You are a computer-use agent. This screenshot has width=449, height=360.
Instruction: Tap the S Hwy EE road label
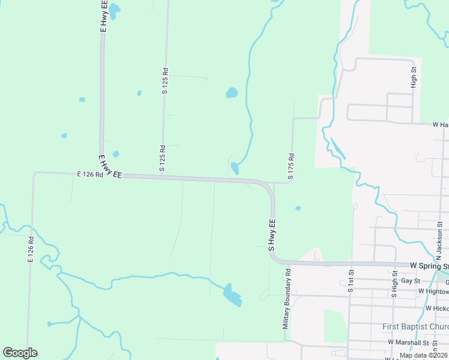[271, 235]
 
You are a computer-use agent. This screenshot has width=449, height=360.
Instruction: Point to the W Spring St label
[429, 265]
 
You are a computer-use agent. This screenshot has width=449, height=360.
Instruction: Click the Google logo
[20, 353]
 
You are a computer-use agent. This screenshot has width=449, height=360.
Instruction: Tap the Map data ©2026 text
[424, 355]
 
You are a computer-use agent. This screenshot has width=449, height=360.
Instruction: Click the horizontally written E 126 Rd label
[90, 175]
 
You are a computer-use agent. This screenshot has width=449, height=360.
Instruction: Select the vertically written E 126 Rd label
[30, 248]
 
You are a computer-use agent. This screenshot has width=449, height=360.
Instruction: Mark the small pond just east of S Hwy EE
[298, 208]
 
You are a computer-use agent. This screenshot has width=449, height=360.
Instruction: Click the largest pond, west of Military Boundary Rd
[232, 295]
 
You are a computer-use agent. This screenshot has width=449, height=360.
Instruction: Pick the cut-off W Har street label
[440, 125]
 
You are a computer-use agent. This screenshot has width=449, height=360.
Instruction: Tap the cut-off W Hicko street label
[437, 308]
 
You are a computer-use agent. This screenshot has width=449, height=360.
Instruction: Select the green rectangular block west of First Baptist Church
[335, 326]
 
